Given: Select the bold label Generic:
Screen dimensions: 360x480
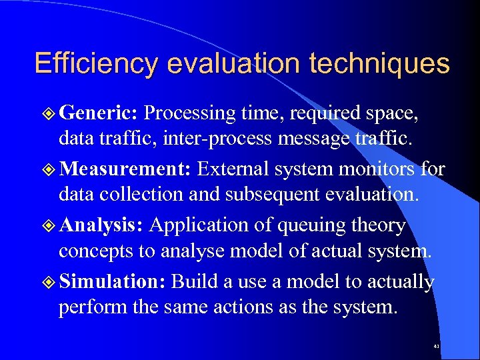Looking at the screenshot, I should coord(98,113).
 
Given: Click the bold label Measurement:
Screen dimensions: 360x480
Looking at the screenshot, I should coord(126,169).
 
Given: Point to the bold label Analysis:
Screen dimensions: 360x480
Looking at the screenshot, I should coord(101,225).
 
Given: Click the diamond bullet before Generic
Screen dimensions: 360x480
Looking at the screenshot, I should coord(50,114).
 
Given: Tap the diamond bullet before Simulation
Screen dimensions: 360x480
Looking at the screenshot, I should coord(50,282).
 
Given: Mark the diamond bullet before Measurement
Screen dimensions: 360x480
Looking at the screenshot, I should coord(50,170).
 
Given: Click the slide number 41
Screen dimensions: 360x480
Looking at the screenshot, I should coord(436,347).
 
